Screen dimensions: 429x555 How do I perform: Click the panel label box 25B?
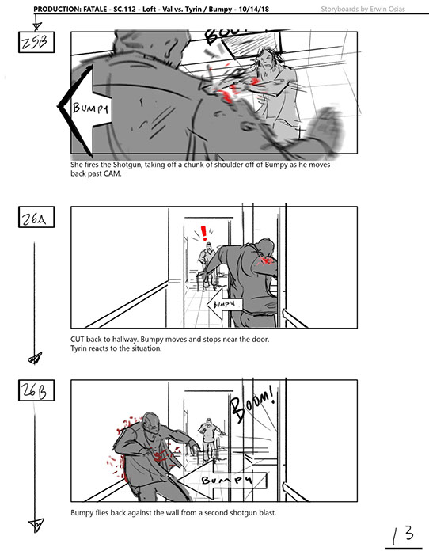point(36,43)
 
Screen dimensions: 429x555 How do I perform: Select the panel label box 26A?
point(36,217)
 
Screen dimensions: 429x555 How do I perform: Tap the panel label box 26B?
point(36,390)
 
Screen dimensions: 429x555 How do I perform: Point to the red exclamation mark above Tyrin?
point(203,234)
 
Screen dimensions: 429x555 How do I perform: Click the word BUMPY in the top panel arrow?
point(90,108)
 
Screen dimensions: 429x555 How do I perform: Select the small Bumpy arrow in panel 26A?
point(225,304)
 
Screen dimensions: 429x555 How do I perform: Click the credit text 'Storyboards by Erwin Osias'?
point(363,9)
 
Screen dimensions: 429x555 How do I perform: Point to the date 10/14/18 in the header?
point(253,9)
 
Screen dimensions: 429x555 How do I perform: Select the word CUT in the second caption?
point(77,339)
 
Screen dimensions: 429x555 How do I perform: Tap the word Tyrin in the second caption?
point(78,348)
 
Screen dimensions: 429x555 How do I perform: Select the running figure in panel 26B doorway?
point(210,439)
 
